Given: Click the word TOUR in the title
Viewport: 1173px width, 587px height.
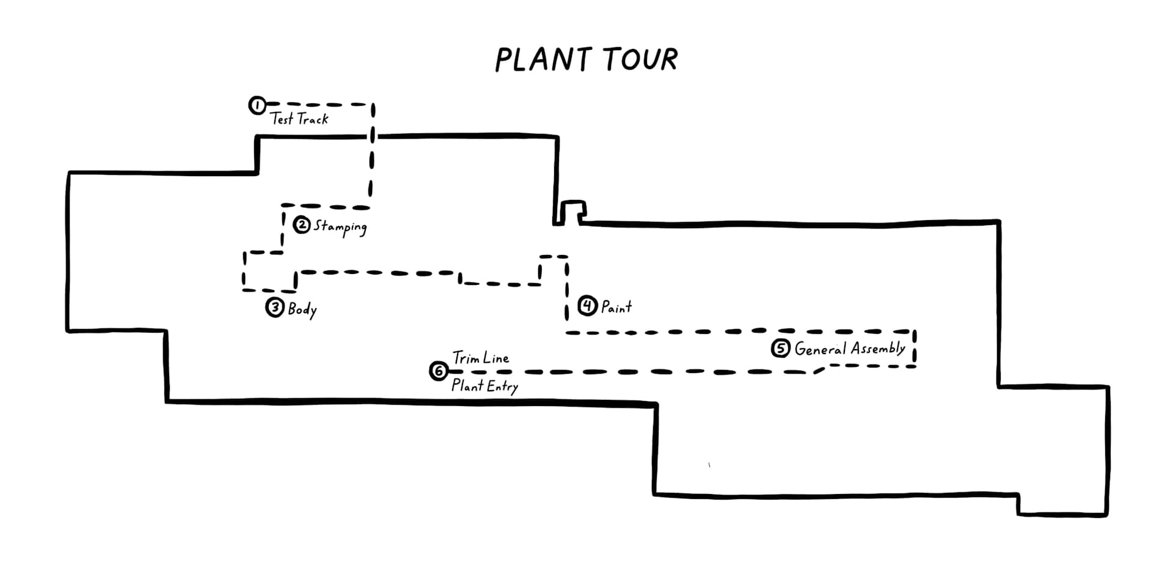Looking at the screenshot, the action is (640, 59).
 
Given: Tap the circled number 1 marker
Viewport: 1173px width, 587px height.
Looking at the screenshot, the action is (257, 105).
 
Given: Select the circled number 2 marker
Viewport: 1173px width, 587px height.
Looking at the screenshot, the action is (302, 225).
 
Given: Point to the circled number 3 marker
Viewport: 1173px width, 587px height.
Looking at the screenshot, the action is (275, 307).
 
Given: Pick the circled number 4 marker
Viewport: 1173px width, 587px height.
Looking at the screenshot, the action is (587, 305).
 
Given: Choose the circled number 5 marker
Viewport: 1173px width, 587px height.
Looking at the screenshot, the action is (781, 349).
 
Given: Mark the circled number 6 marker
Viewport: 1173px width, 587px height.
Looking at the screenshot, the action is (439, 371).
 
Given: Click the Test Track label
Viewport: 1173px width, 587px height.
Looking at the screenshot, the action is (299, 119).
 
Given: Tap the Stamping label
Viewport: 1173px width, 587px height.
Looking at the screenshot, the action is (340, 227).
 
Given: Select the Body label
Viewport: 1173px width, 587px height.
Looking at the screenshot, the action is (302, 309).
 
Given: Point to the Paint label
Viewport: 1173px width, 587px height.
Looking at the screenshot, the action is (616, 306).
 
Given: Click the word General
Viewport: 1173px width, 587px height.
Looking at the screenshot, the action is (820, 349).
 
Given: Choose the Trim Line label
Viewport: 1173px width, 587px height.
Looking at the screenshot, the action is (481, 358).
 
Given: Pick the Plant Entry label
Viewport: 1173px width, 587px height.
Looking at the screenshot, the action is (484, 386).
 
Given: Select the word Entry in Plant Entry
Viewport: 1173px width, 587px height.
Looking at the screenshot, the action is (502, 387).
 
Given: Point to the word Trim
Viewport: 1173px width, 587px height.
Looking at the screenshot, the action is (466, 358).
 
